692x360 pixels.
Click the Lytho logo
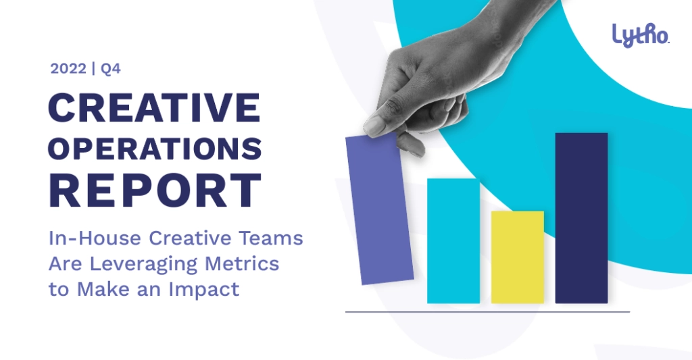pyautogui.click(x=641, y=35)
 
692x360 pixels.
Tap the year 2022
pyautogui.click(x=68, y=69)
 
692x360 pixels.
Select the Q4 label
pyautogui.click(x=110, y=70)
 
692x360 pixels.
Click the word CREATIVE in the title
pyautogui.click(x=155, y=107)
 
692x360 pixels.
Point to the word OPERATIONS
pyautogui.click(x=155, y=149)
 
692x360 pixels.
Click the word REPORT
pyautogui.click(x=155, y=190)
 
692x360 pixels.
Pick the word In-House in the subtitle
pyautogui.click(x=95, y=238)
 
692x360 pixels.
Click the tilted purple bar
pyautogui.click(x=380, y=209)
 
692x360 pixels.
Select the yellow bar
pyautogui.click(x=517, y=257)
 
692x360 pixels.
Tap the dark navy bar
pyautogui.click(x=581, y=218)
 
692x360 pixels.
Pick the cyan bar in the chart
pyautogui.click(x=453, y=241)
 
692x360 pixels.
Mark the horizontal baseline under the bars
pyautogui.click(x=487, y=312)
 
